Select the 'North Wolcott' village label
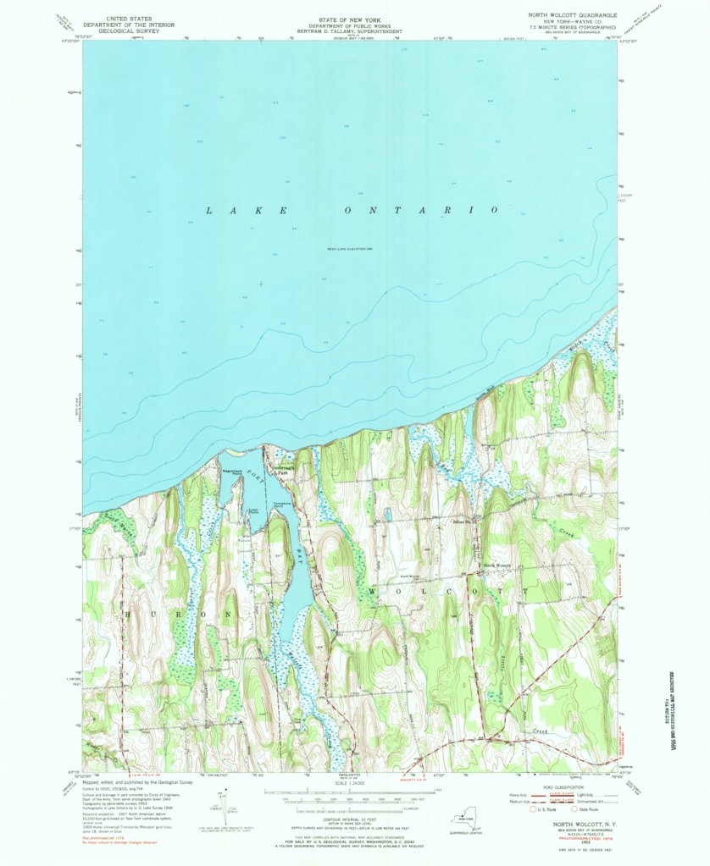pos(496,565)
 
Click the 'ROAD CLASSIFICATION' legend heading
pos(574,782)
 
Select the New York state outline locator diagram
pos(463,821)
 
